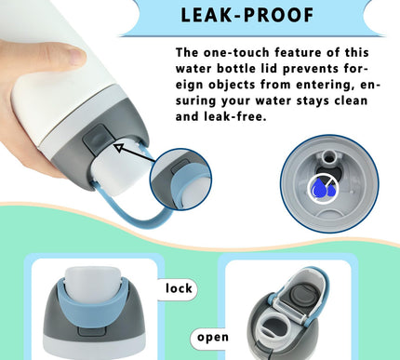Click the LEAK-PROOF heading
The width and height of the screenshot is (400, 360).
247,15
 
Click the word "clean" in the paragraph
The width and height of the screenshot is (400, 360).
351,100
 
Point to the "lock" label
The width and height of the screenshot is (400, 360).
179,288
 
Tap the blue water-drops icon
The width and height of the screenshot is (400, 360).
324,188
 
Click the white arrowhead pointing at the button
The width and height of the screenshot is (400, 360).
118,147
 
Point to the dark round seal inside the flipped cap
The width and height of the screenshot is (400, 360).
300,299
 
